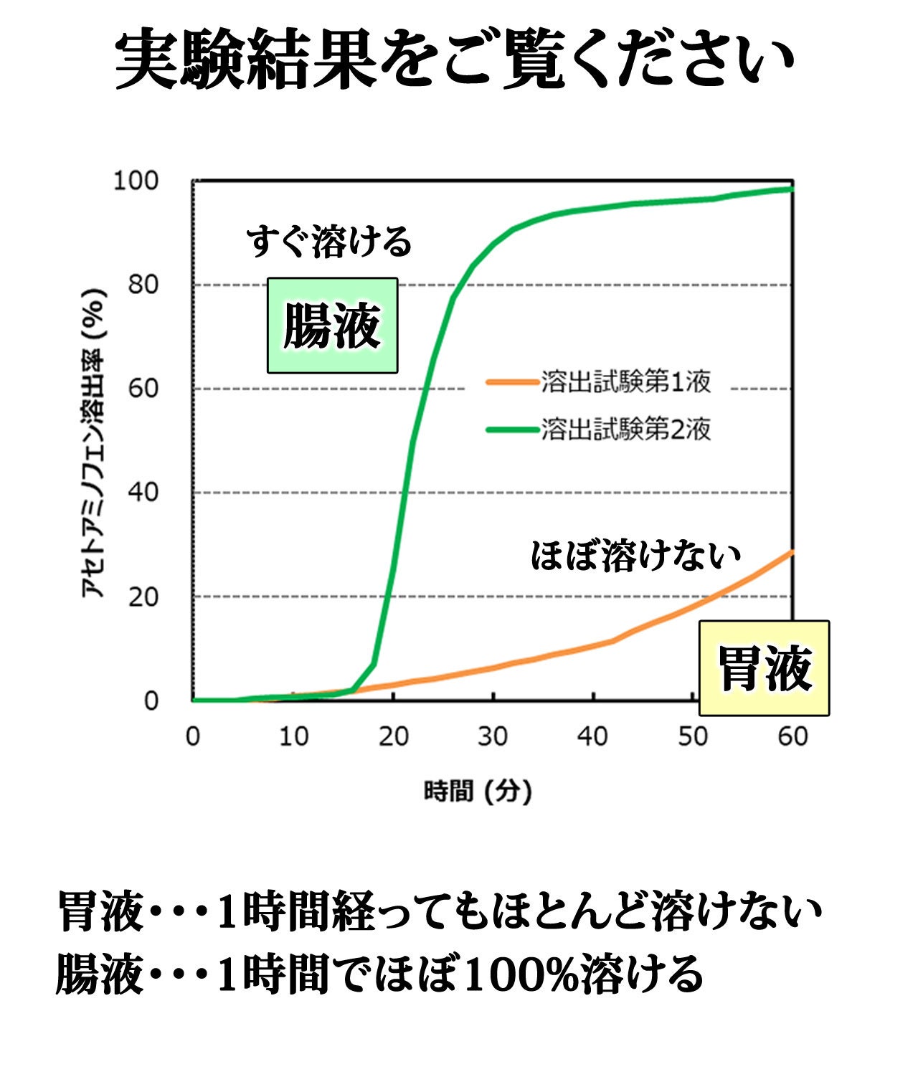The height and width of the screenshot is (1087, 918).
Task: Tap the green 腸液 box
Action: coord(332,326)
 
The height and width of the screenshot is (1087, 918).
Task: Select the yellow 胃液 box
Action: coord(765,668)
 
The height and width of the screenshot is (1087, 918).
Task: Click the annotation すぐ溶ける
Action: coord(329,242)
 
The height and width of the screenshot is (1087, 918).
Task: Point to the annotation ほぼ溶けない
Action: coord(635,556)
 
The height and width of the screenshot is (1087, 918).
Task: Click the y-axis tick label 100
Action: coord(136,181)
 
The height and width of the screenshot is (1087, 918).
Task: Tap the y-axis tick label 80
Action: coord(143,285)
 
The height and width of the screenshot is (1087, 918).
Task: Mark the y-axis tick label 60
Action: coord(143,389)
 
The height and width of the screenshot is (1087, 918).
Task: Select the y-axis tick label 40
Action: coord(143,493)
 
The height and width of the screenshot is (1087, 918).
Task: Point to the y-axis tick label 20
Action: coord(143,597)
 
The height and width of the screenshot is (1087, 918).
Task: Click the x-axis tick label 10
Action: coord(293,736)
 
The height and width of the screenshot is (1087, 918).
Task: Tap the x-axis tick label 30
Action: coord(493,736)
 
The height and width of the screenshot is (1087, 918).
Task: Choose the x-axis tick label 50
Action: coord(693,736)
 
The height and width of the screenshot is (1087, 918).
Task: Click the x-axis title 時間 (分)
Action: coord(478,792)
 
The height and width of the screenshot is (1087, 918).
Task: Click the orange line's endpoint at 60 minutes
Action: coord(792,551)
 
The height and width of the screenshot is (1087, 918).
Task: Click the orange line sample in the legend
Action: coord(511,382)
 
